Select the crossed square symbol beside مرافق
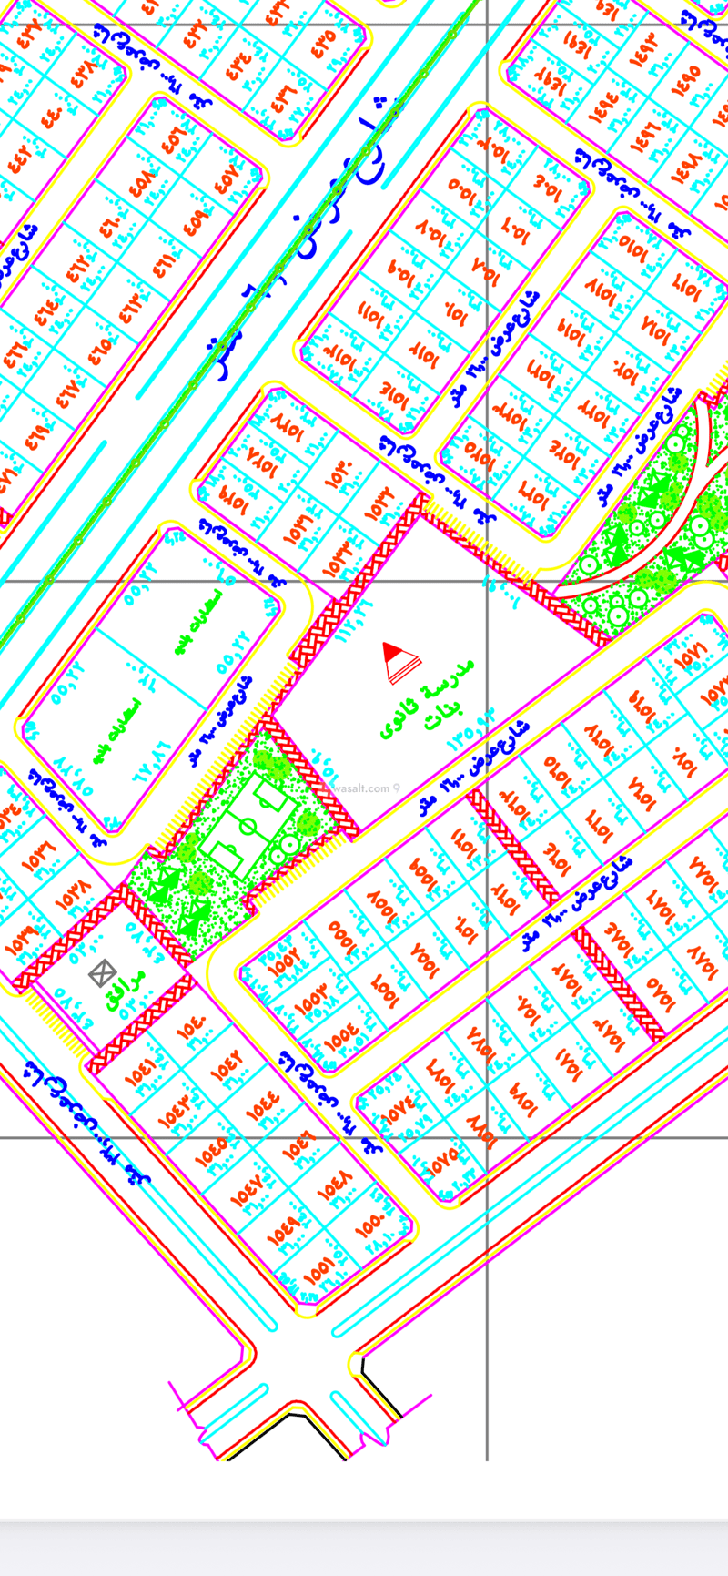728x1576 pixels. tap(102, 973)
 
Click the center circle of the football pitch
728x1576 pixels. tap(248, 826)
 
